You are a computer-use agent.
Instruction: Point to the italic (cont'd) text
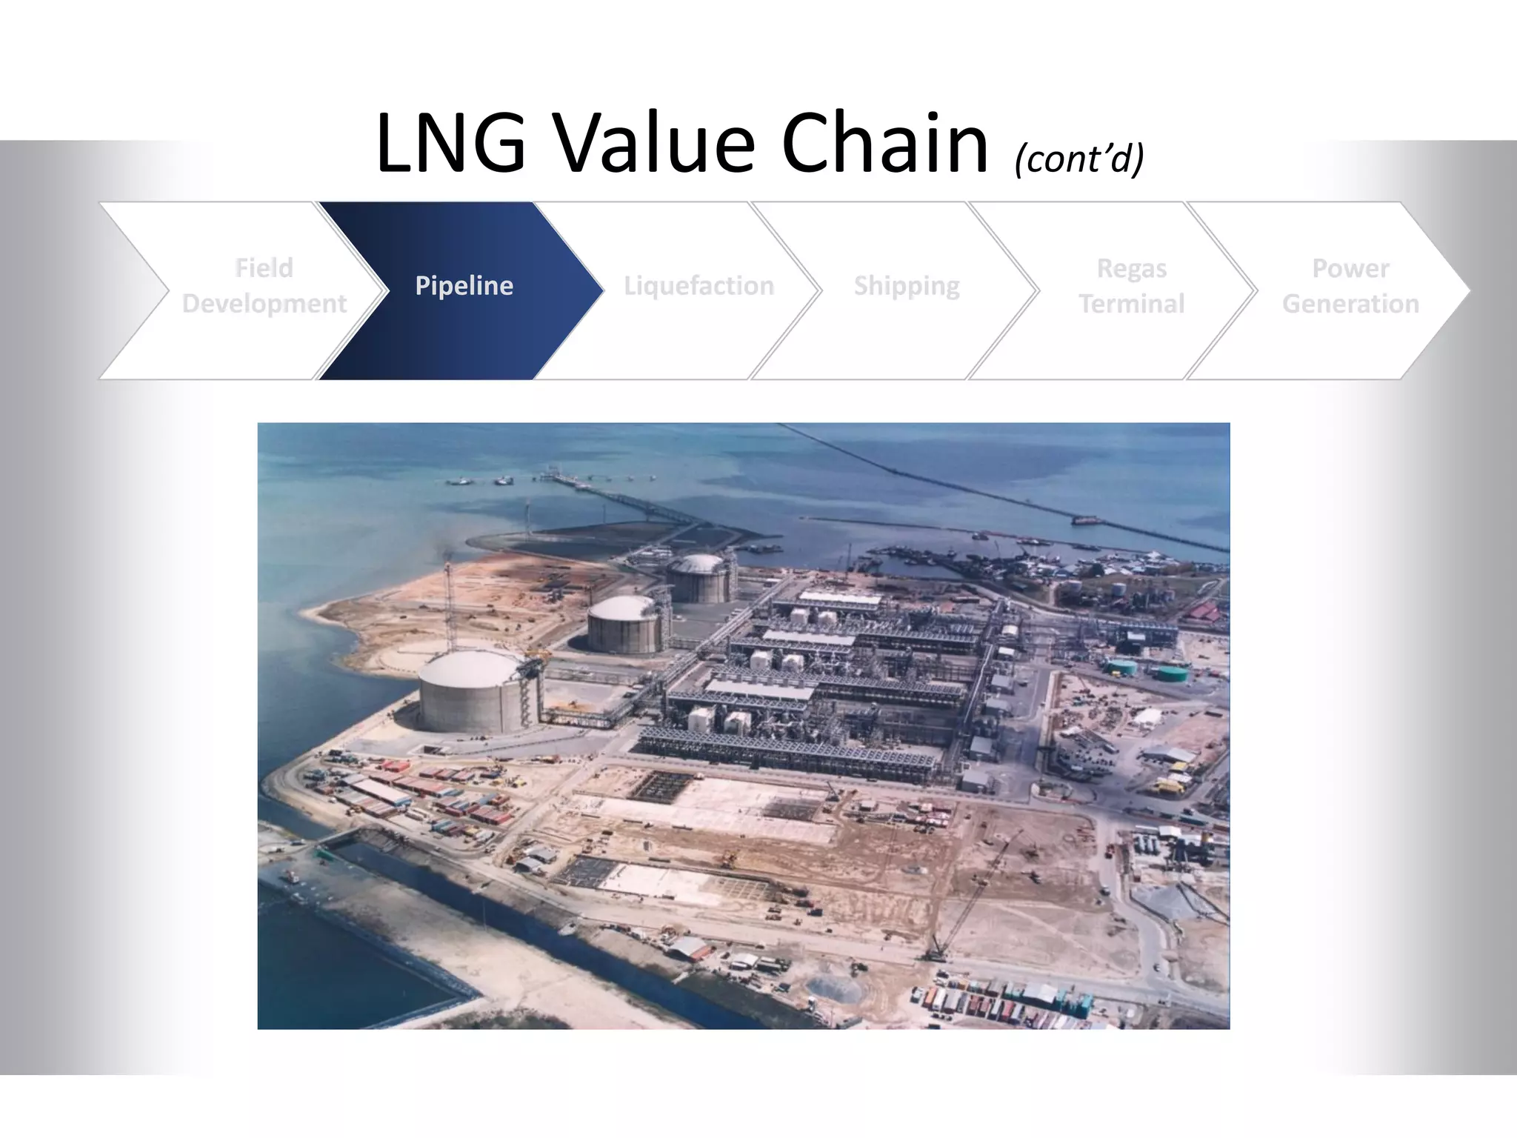pos(1079,157)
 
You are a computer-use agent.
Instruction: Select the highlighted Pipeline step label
pos(464,285)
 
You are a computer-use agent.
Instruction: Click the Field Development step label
pos(264,285)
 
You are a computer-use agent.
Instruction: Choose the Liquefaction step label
pos(699,285)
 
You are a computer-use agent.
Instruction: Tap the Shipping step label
pos(907,285)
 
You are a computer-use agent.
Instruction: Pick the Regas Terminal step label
pos(1131,285)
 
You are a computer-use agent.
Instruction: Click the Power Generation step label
pos(1350,285)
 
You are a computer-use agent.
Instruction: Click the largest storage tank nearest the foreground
pos(470,693)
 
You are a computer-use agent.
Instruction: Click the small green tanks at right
pos(1148,670)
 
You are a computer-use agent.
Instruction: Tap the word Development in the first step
pos(264,304)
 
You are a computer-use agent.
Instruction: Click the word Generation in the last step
pos(1350,304)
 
